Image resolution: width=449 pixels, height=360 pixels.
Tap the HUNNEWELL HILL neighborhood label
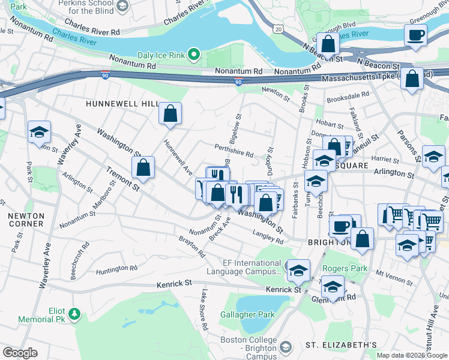121,104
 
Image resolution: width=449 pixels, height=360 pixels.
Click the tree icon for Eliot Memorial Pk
73,313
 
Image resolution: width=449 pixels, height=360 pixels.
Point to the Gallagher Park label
246,314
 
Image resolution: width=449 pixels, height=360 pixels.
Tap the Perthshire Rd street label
234,151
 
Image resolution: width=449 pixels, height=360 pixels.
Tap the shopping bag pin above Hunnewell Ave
170,113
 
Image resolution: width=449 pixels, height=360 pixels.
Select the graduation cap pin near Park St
39,132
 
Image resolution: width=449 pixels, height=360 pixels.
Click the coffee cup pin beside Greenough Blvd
415,34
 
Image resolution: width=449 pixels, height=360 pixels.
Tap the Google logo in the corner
20,352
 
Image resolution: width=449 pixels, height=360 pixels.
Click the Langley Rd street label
268,237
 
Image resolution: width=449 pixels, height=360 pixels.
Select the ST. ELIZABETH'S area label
341,345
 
